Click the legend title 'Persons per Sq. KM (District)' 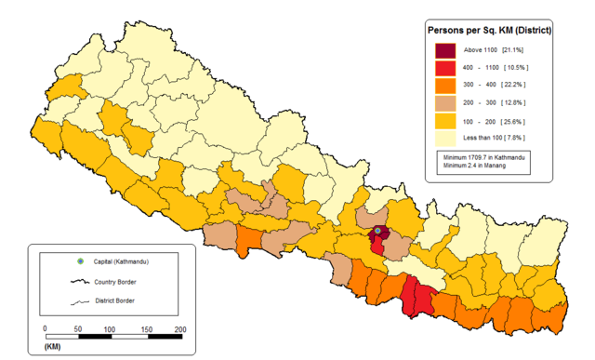488,30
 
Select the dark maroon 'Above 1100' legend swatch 445,50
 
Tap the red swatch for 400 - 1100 445,69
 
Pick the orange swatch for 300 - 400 445,87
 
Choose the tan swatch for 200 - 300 445,104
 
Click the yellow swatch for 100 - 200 445,122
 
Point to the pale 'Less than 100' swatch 445,140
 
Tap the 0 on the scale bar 45,329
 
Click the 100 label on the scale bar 109,329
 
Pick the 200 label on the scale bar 179,329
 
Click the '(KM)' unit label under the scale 53,347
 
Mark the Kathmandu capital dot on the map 378,231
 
